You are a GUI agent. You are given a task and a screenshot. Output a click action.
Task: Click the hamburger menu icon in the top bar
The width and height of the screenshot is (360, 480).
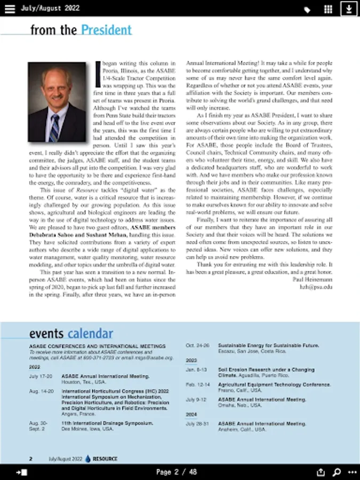click(x=10, y=9)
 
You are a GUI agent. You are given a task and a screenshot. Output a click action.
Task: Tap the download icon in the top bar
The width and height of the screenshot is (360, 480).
click(x=349, y=9)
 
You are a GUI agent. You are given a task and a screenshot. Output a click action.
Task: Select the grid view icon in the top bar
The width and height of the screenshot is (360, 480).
click(x=329, y=9)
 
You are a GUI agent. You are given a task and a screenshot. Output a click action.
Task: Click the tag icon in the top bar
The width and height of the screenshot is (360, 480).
click(x=307, y=10)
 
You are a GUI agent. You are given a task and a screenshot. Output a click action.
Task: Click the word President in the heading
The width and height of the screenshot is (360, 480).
click(x=106, y=30)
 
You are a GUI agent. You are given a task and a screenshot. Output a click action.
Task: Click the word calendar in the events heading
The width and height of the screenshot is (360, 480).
click(x=90, y=334)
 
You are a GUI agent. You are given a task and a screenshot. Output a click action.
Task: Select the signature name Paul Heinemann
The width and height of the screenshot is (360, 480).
click(x=313, y=279)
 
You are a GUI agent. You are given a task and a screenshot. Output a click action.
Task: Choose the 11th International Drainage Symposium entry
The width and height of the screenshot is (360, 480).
click(x=107, y=423)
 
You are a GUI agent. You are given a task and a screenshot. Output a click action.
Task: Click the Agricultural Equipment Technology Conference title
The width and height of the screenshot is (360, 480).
click(x=274, y=384)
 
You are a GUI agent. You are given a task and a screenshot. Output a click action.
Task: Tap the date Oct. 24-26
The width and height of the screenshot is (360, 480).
click(x=197, y=345)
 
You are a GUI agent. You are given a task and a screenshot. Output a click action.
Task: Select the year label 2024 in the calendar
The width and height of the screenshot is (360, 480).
click(x=191, y=414)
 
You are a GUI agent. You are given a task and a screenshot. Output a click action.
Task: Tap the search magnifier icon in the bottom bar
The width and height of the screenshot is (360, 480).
click(x=337, y=472)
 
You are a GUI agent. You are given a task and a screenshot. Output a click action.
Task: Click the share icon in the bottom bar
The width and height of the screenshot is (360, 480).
click(x=321, y=472)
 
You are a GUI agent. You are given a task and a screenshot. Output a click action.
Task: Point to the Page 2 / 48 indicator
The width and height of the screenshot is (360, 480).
click(x=177, y=472)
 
